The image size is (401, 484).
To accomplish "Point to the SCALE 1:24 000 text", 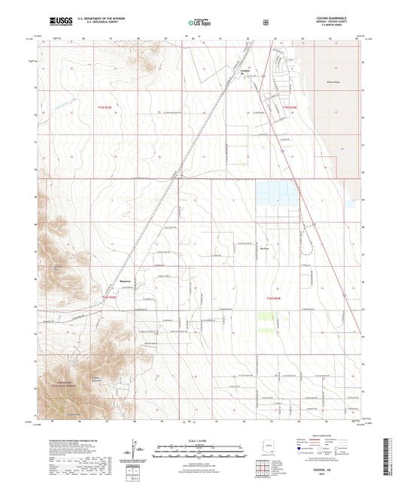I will pyautogui.click(x=200, y=440).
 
